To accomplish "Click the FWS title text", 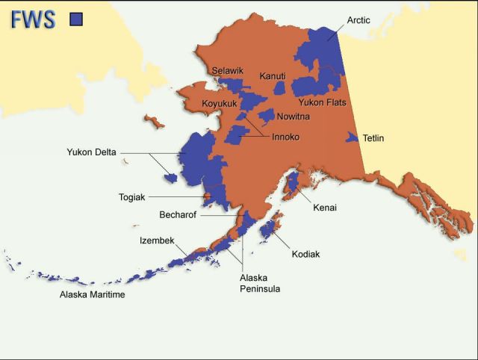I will [x=33, y=19].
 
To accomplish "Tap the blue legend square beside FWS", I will [x=75, y=19].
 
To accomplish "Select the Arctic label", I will [x=358, y=20].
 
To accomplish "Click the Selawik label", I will [x=227, y=70].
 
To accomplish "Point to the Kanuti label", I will [x=273, y=76].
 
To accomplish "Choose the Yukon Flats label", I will [x=323, y=102].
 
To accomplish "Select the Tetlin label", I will [x=373, y=138].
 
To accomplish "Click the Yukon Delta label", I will [x=91, y=152].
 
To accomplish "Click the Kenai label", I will [x=325, y=208].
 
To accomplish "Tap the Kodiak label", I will [x=305, y=255].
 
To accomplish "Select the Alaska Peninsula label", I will [x=259, y=283].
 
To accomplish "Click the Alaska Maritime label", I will [x=92, y=295].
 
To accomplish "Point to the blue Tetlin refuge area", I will [x=353, y=137].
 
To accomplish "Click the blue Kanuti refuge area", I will [x=279, y=88].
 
